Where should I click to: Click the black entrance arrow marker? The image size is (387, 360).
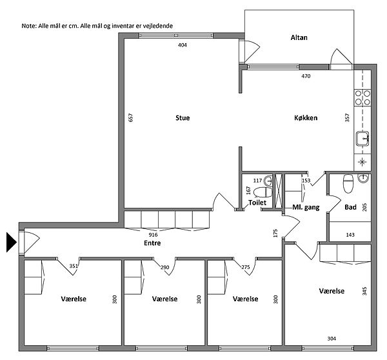(x=12, y=242)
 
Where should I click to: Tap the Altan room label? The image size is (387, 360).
(x=299, y=37)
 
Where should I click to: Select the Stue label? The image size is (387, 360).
(x=183, y=118)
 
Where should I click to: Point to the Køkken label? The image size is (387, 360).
(x=306, y=118)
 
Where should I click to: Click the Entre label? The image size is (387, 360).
(x=152, y=243)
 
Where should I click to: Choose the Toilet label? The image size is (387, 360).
(x=257, y=203)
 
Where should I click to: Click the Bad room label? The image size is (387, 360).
(x=350, y=207)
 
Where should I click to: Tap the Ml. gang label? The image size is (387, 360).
(x=306, y=207)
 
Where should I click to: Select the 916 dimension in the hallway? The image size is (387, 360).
(x=153, y=235)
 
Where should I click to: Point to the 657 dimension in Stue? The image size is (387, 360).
(x=131, y=117)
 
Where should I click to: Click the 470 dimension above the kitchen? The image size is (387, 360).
(x=306, y=76)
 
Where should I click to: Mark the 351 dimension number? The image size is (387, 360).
(x=74, y=266)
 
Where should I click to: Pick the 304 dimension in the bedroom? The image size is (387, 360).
(x=332, y=339)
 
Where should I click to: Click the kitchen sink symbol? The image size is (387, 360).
(x=362, y=139)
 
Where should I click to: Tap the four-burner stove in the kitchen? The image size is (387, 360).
(x=362, y=97)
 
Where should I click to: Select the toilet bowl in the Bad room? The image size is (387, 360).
(x=348, y=184)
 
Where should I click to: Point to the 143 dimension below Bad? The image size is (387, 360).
(x=350, y=235)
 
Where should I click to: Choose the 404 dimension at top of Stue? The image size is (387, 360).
(x=183, y=45)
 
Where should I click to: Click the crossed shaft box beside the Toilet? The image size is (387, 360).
(x=279, y=191)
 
